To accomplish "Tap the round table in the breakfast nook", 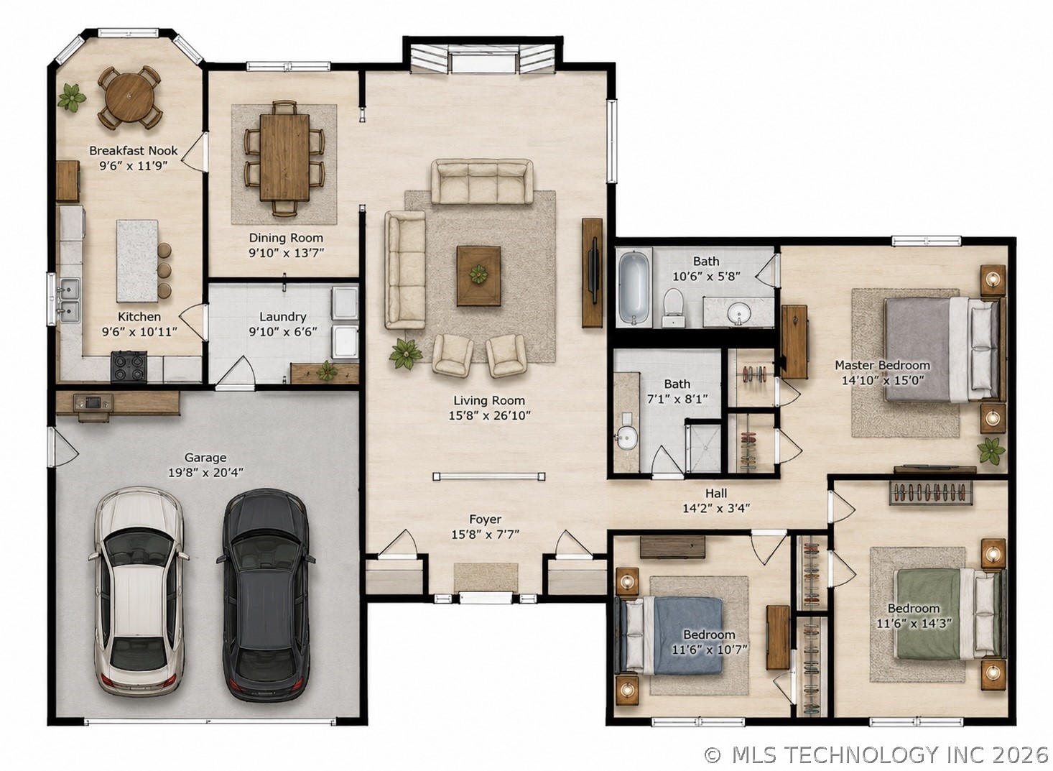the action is coord(129,98).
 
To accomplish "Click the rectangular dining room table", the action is coord(284,157).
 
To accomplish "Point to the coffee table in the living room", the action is coord(478,275).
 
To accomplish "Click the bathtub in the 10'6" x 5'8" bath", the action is coord(634,288).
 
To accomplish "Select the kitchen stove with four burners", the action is coord(129,366).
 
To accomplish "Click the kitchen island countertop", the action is coord(136,261).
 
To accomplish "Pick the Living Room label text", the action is coord(489,400).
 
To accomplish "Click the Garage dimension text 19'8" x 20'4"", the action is coord(206,473).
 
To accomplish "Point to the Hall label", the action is coord(716,493).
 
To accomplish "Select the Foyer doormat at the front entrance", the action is coord(486,577).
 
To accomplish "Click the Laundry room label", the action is coord(282,317).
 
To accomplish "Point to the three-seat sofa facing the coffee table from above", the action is coord(482,182).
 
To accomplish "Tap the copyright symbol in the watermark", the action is coord(713,755).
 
